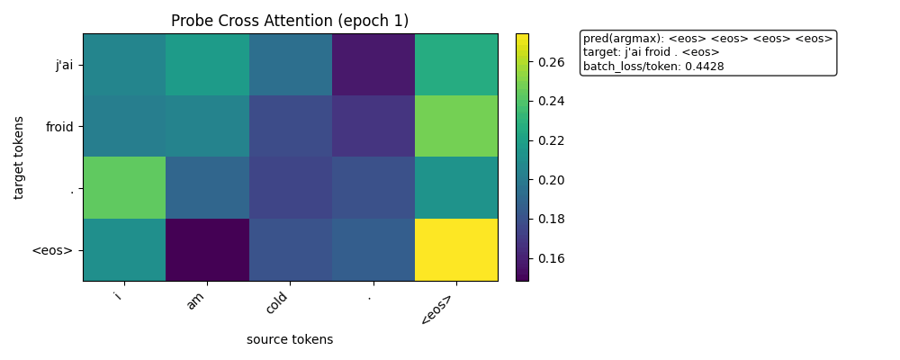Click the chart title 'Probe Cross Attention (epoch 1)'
(x=290, y=21)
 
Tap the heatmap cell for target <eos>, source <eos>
(x=456, y=250)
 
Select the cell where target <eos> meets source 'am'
(x=207, y=250)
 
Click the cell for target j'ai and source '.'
(x=373, y=65)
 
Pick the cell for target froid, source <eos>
(x=456, y=126)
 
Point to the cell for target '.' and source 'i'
(x=124, y=188)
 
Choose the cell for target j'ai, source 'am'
(x=207, y=65)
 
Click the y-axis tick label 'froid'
(x=58, y=127)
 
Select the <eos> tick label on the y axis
(x=52, y=250)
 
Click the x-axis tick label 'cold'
(x=277, y=303)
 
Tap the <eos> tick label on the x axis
(x=436, y=309)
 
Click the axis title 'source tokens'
(x=290, y=339)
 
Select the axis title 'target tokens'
(x=19, y=157)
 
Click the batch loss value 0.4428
(x=706, y=66)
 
